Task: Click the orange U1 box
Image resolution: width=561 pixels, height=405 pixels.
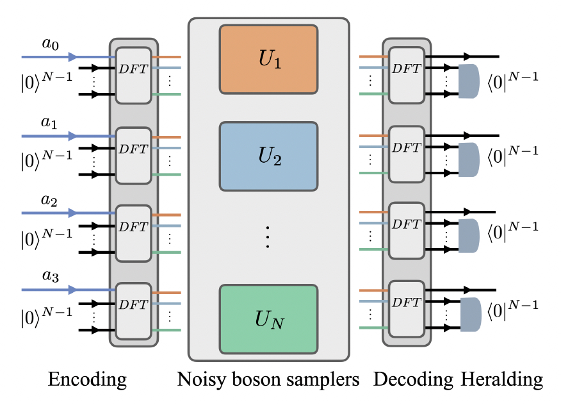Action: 268,63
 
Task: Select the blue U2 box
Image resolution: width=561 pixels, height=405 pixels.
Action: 268,156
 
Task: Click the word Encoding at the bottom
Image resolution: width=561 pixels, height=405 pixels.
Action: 87,381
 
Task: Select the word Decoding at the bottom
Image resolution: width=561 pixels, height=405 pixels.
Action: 412,381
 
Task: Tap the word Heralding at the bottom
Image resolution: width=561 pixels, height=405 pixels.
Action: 502,381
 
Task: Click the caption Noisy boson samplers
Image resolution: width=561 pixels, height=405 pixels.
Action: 268,381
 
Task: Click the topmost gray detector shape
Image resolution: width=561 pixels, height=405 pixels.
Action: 469,81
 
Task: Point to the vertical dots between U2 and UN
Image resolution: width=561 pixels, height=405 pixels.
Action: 268,238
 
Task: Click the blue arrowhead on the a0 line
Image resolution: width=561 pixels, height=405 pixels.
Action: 72,57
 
